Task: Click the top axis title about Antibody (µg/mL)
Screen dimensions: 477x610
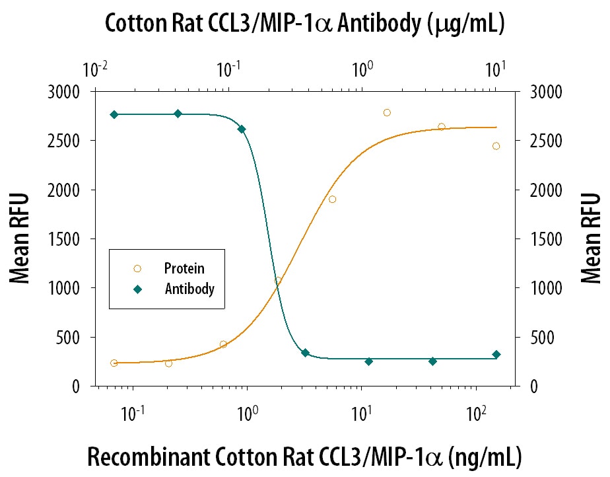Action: click(x=304, y=24)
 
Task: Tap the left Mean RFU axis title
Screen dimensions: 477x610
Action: click(x=20, y=238)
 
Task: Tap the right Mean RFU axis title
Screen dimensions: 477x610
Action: click(x=591, y=238)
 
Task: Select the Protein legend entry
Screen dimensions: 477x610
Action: click(x=184, y=269)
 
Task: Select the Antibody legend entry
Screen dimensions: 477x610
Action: click(x=189, y=289)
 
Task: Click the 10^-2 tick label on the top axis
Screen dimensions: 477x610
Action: click(x=95, y=68)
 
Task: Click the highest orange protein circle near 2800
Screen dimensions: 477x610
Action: click(x=387, y=112)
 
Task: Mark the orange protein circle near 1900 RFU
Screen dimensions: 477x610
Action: click(x=332, y=200)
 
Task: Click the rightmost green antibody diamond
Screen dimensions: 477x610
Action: click(x=496, y=355)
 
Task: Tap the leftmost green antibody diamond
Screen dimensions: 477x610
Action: click(x=114, y=115)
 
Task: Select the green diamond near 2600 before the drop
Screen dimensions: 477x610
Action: click(x=242, y=129)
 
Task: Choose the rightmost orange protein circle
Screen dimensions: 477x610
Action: click(x=496, y=146)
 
